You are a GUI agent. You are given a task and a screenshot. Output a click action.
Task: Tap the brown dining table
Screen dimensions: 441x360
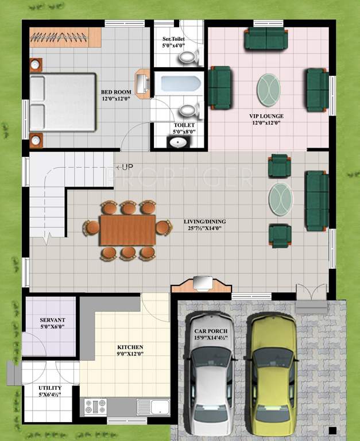coord(127,230)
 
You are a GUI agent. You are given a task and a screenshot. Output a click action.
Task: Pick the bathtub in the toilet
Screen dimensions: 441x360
coord(180,84)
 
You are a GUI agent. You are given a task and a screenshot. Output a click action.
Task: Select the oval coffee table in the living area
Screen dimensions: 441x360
coord(281,198)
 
